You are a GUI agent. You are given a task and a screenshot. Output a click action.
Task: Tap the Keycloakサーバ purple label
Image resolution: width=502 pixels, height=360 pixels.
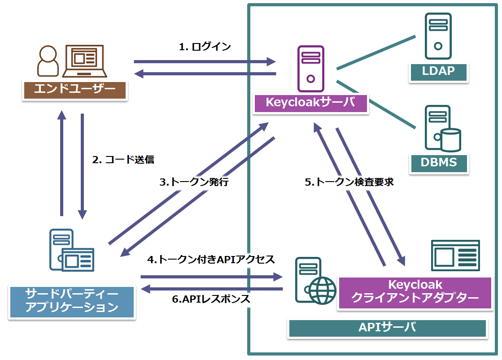tap(310, 103)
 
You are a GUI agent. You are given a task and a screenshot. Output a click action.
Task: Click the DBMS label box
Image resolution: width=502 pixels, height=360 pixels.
tap(438, 163)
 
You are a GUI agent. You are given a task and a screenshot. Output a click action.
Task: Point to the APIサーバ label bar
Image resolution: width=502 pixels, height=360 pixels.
tap(387, 328)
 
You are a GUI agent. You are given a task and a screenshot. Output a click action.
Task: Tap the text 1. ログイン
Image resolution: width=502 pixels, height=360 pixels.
tap(205, 47)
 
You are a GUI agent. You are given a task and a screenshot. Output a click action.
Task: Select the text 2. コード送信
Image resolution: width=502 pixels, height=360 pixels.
tap(123, 160)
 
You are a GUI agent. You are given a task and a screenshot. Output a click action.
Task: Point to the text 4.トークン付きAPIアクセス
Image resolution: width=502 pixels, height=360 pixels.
tap(211, 259)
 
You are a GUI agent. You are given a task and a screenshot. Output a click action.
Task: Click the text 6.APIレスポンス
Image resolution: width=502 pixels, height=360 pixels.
tap(211, 299)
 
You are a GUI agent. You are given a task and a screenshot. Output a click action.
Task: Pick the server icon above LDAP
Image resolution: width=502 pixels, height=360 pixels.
tap(438, 36)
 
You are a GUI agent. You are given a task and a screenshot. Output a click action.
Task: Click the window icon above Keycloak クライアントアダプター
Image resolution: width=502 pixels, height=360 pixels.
tap(455, 255)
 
